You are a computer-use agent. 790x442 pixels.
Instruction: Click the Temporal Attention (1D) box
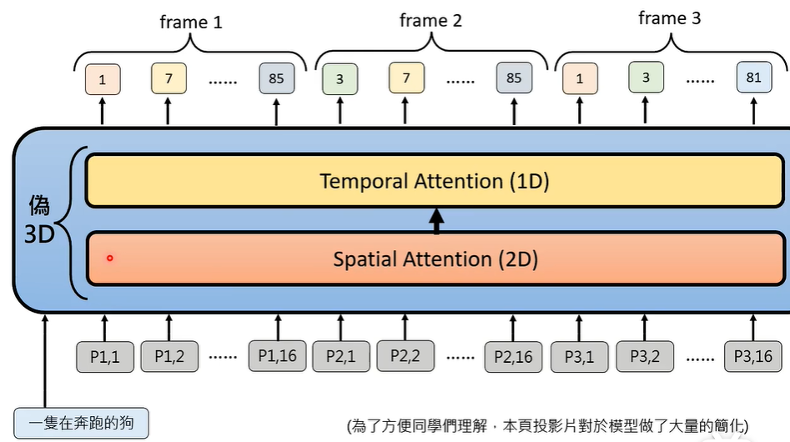435,181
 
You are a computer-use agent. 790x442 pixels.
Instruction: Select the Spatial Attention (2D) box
435,259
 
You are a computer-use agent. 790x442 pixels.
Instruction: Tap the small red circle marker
109,259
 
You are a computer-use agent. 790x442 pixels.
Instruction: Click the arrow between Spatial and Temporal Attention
435,220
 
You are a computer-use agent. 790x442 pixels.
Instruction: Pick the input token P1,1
105,356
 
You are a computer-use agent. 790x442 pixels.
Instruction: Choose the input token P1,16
278,356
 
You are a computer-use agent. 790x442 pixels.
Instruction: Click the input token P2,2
405,356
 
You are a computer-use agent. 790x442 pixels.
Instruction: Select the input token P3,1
578,356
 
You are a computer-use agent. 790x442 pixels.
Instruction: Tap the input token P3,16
752,356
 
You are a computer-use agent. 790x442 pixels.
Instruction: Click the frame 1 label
191,22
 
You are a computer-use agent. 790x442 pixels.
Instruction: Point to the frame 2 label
430,20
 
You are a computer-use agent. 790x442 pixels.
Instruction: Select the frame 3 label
669,18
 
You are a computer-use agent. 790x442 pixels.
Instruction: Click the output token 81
753,78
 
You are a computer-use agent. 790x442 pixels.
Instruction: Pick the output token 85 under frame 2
514,78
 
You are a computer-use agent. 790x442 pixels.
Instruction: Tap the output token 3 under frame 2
340,78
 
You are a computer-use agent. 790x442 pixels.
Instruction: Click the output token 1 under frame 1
102,79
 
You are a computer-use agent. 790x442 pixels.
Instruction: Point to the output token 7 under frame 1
169,78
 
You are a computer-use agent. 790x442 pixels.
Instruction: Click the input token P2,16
514,356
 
